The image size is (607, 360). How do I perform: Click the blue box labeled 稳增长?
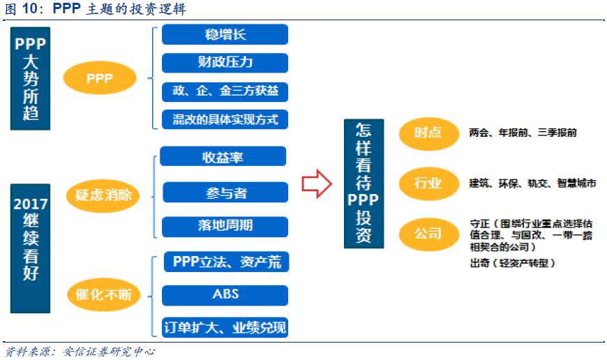(x=225, y=34)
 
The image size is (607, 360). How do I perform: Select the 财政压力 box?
(x=225, y=63)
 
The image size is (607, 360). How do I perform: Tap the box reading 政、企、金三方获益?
(x=225, y=91)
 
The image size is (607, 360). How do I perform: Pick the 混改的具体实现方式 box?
(x=225, y=119)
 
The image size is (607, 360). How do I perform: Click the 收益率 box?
(x=223, y=157)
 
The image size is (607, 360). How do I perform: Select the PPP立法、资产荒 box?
(x=225, y=262)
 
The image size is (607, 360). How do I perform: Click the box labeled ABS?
(x=225, y=294)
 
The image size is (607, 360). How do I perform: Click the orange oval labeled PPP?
(x=99, y=79)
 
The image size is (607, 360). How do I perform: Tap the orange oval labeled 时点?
(x=427, y=133)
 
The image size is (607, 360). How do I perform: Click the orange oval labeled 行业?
(x=427, y=183)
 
